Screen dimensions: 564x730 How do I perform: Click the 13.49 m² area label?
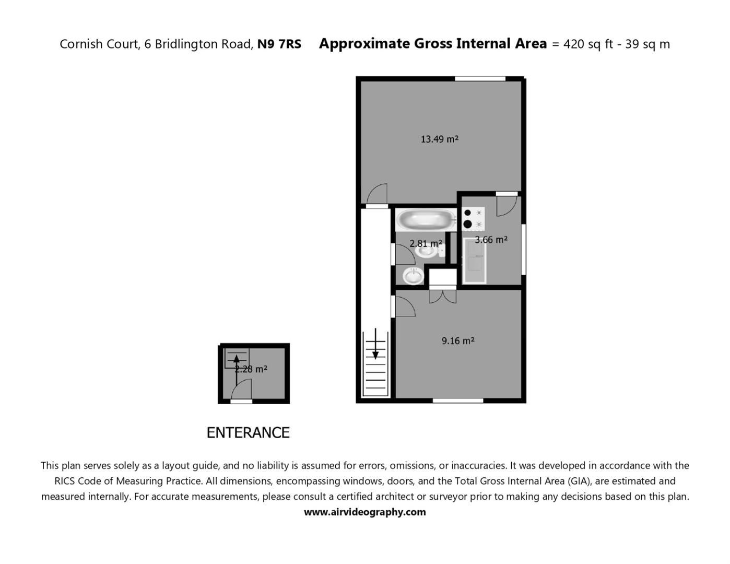tap(439, 139)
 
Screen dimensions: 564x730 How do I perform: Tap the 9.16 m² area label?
tap(457, 340)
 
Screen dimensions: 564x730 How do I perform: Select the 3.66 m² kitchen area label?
tap(491, 240)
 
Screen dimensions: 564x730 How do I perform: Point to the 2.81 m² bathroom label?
tap(426, 243)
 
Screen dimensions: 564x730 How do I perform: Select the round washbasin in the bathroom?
tap(413, 275)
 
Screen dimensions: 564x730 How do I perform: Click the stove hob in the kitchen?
tap(473, 218)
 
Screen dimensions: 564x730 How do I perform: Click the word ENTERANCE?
tap(248, 432)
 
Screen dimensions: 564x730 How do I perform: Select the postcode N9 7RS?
tap(279, 44)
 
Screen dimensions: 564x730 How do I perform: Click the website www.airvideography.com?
tap(364, 512)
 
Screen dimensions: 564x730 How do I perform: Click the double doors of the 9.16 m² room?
tap(442, 296)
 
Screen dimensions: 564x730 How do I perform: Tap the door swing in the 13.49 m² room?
tap(377, 194)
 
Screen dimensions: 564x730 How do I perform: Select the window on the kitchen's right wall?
tap(523, 249)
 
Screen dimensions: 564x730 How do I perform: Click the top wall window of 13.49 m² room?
tap(480, 79)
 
